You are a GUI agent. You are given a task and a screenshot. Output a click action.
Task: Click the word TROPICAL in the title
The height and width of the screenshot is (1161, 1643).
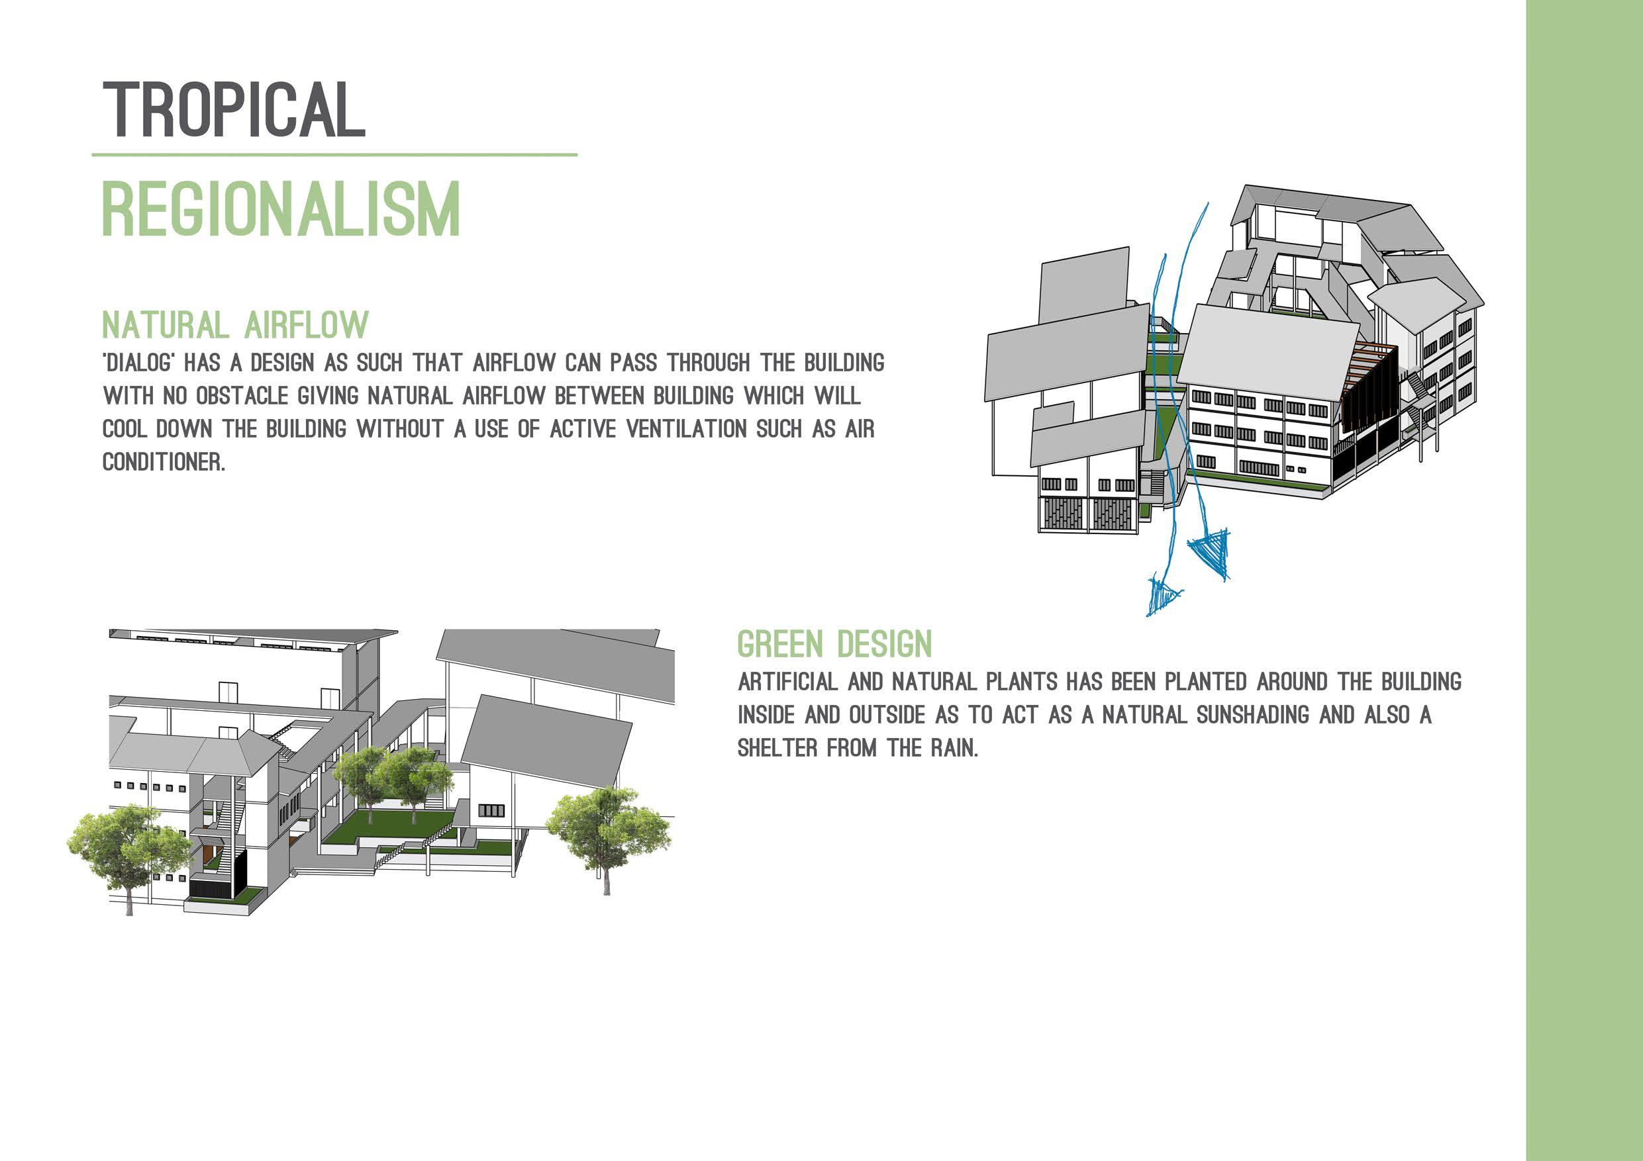234,109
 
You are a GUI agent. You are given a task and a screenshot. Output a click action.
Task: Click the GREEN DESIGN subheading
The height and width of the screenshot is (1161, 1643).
834,645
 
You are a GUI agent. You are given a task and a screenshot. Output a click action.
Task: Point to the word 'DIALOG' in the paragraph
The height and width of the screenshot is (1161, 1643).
139,363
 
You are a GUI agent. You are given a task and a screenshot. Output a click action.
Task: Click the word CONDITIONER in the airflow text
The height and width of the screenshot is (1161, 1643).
163,462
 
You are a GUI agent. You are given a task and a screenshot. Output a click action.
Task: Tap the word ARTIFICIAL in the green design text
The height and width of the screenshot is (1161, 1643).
787,682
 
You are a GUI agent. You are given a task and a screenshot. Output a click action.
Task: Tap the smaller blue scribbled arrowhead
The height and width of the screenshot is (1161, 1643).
1162,595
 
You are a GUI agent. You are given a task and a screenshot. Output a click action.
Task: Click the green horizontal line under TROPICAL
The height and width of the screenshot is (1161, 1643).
334,154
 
